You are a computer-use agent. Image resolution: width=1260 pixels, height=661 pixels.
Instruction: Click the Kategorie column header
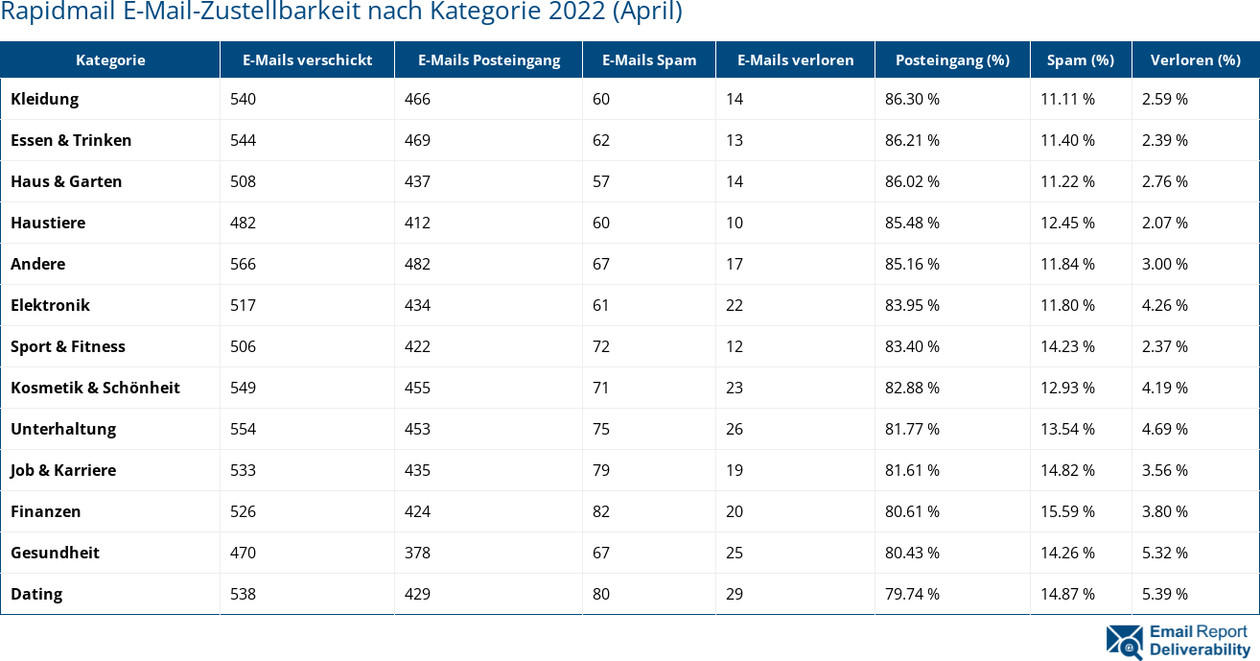[110, 59]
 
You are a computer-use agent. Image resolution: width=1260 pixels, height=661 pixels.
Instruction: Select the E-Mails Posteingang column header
[488, 59]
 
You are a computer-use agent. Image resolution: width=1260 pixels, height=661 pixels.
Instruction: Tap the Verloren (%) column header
[1194, 59]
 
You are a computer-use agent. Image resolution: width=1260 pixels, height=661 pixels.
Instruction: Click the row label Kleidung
[45, 99]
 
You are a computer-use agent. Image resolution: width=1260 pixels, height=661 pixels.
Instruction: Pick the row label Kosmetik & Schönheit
[95, 388]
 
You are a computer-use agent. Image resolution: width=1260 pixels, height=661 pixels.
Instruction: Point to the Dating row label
[36, 594]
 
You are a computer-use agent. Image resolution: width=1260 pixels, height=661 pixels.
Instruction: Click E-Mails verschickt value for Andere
[244, 264]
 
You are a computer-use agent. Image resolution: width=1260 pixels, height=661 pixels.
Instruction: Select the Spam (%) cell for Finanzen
[1067, 511]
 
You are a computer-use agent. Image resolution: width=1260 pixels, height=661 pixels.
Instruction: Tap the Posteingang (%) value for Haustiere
[912, 223]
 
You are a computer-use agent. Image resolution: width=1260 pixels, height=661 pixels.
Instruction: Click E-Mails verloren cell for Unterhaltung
[735, 429]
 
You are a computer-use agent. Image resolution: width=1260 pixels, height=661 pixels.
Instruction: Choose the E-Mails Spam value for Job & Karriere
[601, 470]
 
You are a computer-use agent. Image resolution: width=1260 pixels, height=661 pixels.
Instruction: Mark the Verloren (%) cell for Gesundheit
[1164, 553]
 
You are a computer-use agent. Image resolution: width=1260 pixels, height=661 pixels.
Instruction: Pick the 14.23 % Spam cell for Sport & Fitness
[1067, 346]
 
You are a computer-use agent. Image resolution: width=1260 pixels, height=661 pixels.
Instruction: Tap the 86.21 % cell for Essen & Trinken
[912, 140]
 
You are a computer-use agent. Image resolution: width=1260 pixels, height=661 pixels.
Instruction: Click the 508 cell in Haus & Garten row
[244, 181]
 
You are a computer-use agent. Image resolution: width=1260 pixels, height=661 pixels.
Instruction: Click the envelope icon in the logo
[1124, 642]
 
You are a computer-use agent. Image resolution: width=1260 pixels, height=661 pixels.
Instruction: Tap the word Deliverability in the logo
[1200, 649]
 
